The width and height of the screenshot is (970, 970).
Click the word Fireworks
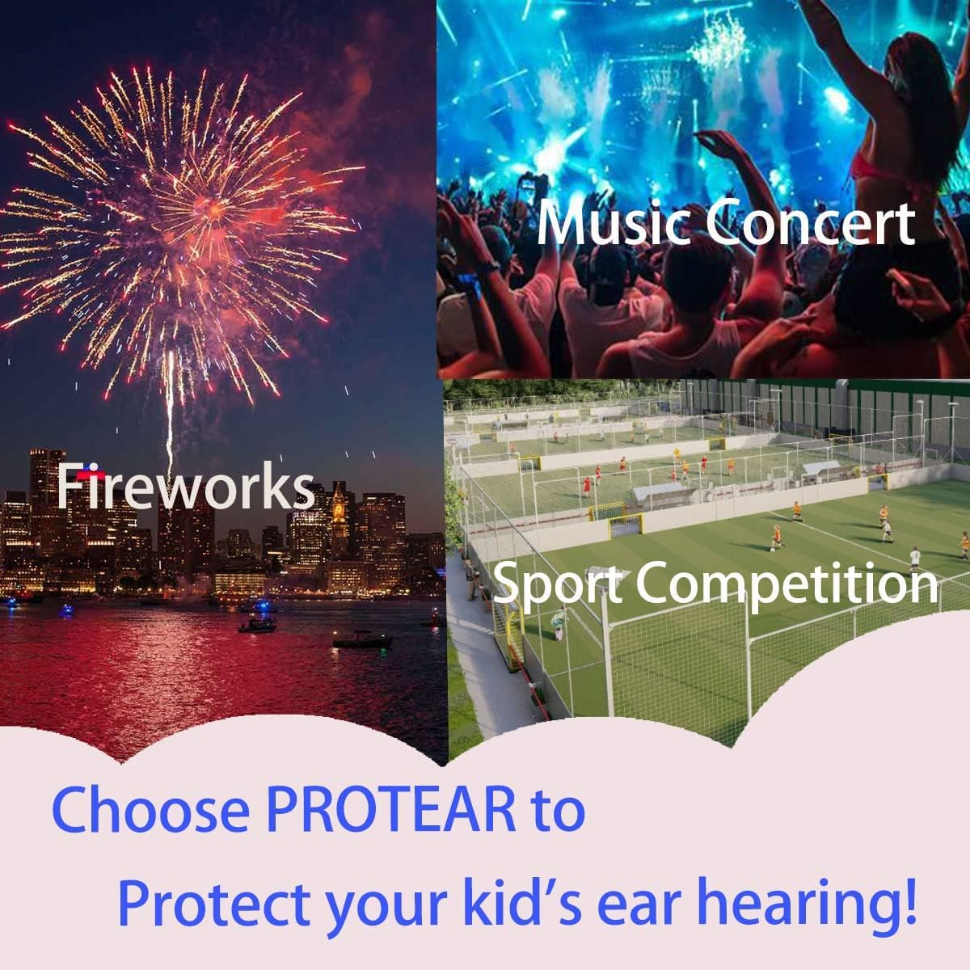tap(185, 487)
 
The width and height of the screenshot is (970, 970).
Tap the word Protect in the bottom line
tap(215, 903)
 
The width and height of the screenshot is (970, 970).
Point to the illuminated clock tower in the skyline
tap(339, 509)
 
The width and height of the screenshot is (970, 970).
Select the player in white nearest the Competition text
tap(914, 558)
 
